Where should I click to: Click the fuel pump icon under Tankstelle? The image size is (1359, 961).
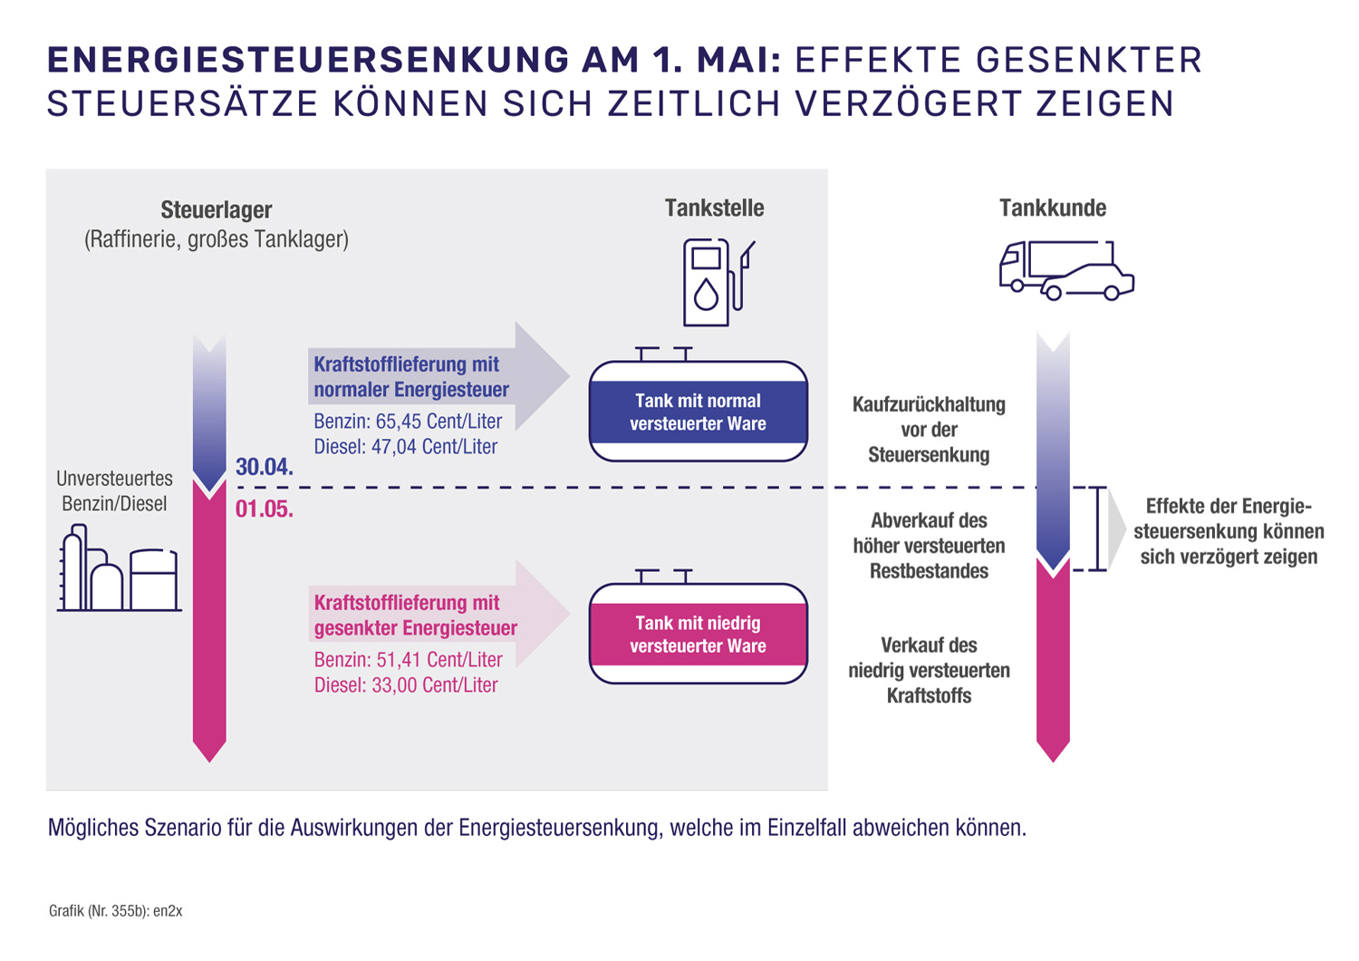pos(717,282)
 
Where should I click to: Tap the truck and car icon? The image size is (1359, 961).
pos(1065,270)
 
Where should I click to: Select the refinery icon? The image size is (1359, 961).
pos(120,568)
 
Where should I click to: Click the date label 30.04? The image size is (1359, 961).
pos(264,468)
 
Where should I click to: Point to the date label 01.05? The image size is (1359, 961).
pos(264,510)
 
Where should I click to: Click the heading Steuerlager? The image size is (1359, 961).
pos(217,210)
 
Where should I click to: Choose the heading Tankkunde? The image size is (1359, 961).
pos(1052,209)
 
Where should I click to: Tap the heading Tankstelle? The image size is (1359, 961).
pos(714,209)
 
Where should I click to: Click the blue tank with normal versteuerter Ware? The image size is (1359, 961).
pos(698,413)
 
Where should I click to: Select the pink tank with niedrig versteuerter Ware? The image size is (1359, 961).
pos(698,635)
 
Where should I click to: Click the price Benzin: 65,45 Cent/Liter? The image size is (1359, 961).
pos(408,422)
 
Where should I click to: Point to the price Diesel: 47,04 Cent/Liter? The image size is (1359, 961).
pos(405,447)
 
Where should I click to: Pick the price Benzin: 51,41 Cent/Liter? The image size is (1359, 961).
pos(408,660)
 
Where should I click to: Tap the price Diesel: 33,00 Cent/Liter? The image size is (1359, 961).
pos(405,685)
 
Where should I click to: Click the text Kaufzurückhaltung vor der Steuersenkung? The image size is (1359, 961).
pos(929,430)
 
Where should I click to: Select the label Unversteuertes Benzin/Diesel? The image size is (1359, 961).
pos(114,491)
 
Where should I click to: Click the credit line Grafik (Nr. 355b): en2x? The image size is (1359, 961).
pos(115,911)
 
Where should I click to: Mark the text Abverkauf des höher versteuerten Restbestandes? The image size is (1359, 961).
pos(929,546)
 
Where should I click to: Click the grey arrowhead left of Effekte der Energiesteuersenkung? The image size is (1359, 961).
pos(1116,530)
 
